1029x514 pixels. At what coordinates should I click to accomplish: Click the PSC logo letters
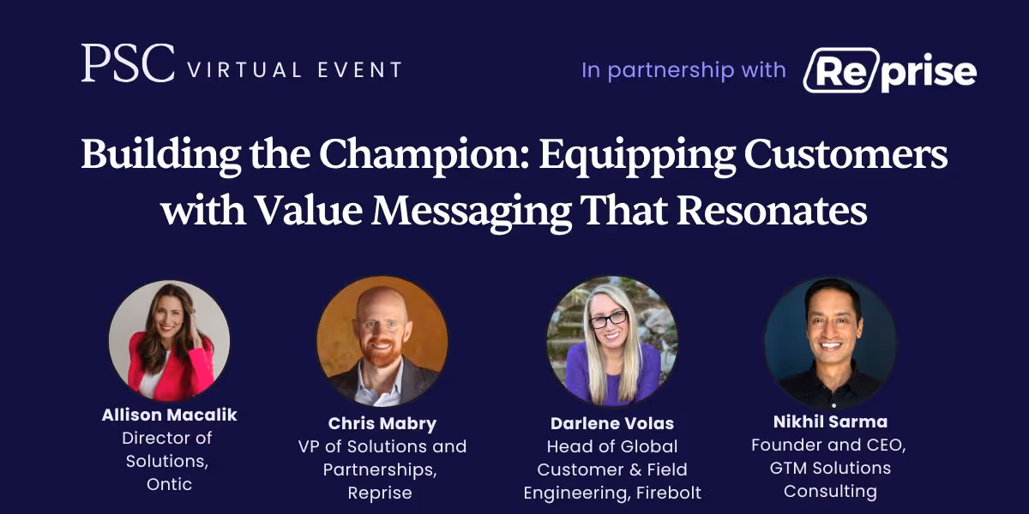[x=128, y=63]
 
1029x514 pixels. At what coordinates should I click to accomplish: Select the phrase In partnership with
[x=683, y=70]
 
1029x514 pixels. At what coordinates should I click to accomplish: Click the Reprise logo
[x=889, y=71]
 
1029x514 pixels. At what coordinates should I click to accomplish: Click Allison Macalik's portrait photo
[x=169, y=340]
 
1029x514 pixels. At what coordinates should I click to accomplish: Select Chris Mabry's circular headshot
[x=382, y=341]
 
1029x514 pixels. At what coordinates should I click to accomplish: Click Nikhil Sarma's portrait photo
[x=830, y=342]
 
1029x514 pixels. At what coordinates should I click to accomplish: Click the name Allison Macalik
[x=169, y=415]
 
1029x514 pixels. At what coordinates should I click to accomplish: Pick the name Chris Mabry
[x=382, y=424]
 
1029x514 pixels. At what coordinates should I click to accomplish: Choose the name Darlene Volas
[x=611, y=424]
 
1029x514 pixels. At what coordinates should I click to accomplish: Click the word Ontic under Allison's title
[x=169, y=484]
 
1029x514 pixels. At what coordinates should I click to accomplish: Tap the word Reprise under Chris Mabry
[x=380, y=493]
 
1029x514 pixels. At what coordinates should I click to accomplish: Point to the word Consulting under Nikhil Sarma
[x=829, y=491]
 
